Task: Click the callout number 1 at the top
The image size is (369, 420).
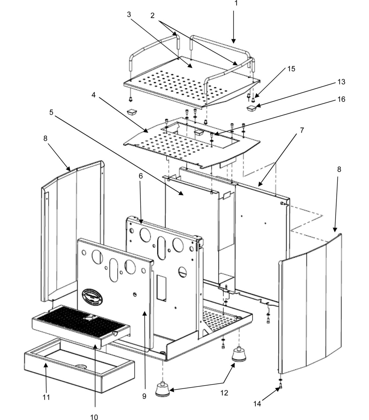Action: tap(236, 3)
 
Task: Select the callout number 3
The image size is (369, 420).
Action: tap(129, 14)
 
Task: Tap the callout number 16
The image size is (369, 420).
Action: tap(341, 99)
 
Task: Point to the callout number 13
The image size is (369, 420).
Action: tap(341, 82)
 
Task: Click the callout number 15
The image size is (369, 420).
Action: tap(291, 69)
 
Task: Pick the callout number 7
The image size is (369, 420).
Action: tap(302, 130)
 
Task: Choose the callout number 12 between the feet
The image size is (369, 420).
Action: tap(224, 393)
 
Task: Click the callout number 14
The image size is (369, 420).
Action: tap(257, 404)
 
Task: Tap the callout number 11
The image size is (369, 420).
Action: tap(46, 397)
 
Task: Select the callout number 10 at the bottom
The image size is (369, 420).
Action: tap(94, 417)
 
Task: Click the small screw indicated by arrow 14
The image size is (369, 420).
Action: tap(281, 386)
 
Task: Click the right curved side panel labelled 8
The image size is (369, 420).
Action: tap(311, 306)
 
